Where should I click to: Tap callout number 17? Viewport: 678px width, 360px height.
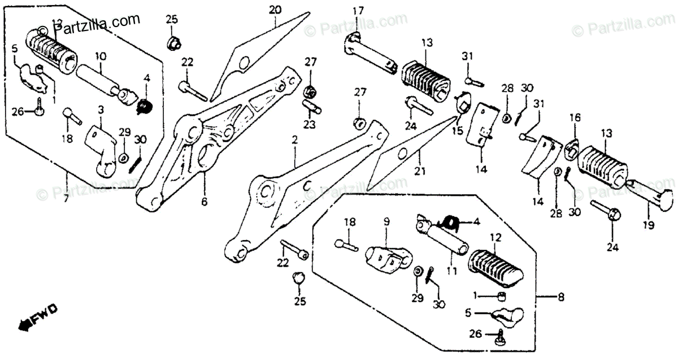[x=358, y=11]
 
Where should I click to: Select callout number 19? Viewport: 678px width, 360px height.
[x=647, y=224]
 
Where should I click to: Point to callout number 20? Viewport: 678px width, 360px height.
[x=275, y=10]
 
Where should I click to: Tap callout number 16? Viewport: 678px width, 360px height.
[x=574, y=118]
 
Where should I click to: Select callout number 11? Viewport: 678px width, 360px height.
[x=451, y=271]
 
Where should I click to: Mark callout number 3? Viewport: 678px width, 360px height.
[x=101, y=109]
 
